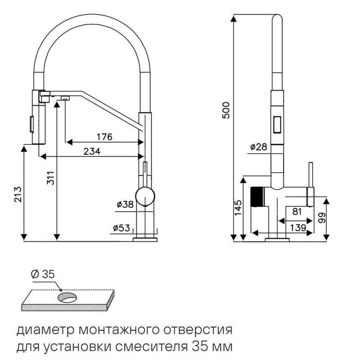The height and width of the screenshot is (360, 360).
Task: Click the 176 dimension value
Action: tap(104, 136)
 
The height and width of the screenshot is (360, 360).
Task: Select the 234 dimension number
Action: tap(92, 152)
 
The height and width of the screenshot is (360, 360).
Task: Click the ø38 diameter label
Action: tap(125, 205)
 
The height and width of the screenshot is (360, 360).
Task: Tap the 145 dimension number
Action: tap(239, 208)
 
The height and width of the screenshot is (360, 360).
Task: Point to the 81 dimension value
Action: tap(297, 211)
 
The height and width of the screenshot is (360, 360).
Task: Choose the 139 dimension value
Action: tap(297, 228)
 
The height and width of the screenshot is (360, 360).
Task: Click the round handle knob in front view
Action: tap(146, 197)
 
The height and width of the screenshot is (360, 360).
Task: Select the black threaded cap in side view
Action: tap(256, 196)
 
